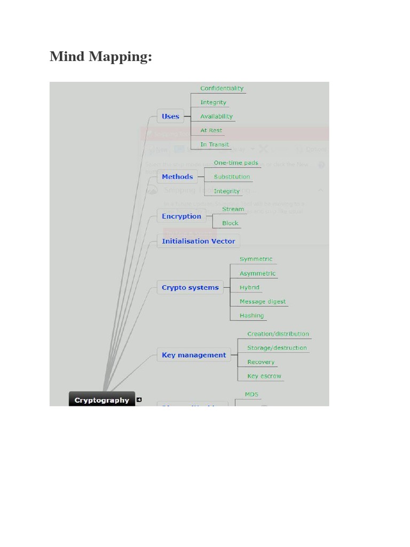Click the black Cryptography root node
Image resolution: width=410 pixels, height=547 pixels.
coord(101,400)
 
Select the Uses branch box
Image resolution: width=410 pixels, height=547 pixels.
coord(170,116)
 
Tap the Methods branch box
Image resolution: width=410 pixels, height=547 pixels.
coord(177,177)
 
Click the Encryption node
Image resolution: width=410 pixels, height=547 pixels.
coord(182,216)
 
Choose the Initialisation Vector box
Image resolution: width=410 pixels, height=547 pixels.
coord(198,241)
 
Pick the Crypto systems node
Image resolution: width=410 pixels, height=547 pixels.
coord(190,287)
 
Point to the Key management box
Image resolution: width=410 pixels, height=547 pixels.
coord(194,355)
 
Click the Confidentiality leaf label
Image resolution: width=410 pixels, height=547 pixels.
coord(222,89)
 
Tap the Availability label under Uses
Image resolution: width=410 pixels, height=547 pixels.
coord(216,116)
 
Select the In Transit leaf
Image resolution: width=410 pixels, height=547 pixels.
coord(215,145)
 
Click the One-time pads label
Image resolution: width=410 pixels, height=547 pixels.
coord(236,163)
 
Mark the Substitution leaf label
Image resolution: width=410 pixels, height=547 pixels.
coord(232,177)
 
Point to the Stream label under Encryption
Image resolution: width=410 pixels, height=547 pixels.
coord(233,209)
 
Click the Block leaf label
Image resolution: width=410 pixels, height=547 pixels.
coord(230,223)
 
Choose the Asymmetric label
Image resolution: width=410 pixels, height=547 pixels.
coord(257,273)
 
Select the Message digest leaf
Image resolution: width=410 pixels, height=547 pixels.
coord(263,302)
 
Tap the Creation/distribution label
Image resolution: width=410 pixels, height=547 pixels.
coord(278,334)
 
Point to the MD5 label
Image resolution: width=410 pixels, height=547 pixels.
coord(252,395)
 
